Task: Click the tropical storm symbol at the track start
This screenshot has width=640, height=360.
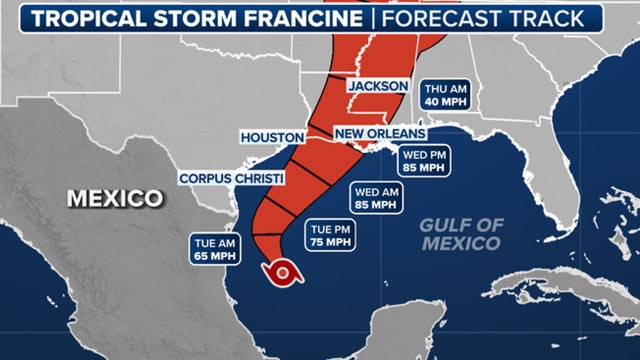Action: pos(283,271)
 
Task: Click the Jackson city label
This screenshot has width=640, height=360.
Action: pos(378,87)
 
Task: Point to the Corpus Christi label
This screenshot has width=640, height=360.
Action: pos(231,178)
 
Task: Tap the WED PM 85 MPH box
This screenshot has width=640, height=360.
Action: pos(425,162)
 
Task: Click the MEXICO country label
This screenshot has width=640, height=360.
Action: pos(114,198)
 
